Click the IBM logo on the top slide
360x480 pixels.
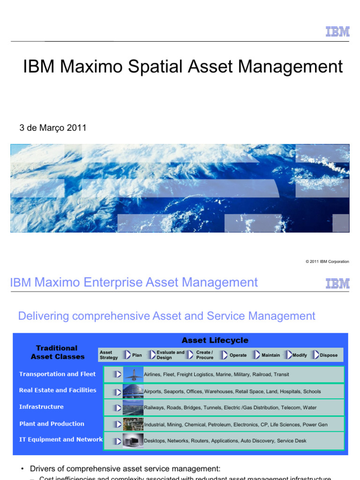[x=337, y=31]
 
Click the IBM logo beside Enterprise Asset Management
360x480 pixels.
[x=337, y=283]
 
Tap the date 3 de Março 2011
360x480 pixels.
[x=53, y=127]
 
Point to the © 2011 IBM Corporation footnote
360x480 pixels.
[x=327, y=262]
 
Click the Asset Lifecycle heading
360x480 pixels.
[x=215, y=340]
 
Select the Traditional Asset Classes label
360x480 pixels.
[x=57, y=352]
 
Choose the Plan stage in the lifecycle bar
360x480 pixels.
[x=137, y=355]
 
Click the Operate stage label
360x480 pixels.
[x=238, y=355]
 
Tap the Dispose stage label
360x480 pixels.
[x=329, y=355]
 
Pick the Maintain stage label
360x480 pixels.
[x=271, y=355]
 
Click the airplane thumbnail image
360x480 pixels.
[x=133, y=374]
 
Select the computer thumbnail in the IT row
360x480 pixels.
[x=133, y=441]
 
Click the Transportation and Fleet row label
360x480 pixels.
[x=57, y=374]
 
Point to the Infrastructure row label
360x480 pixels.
[x=41, y=407]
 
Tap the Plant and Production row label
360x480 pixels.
[x=52, y=424]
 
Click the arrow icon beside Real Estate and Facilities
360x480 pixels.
[x=117, y=391]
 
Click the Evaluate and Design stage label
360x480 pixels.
[x=171, y=355]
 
